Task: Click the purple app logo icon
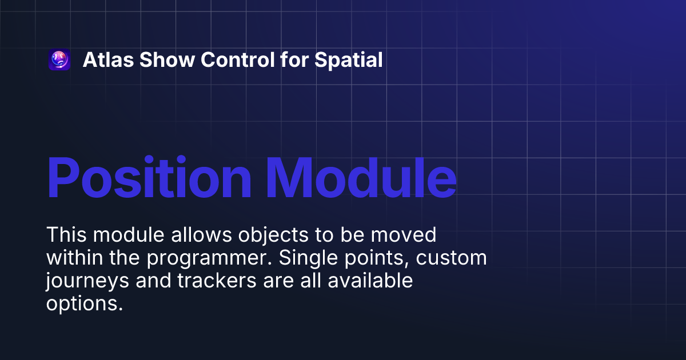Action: [x=59, y=60]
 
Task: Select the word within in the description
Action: [x=72, y=258]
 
